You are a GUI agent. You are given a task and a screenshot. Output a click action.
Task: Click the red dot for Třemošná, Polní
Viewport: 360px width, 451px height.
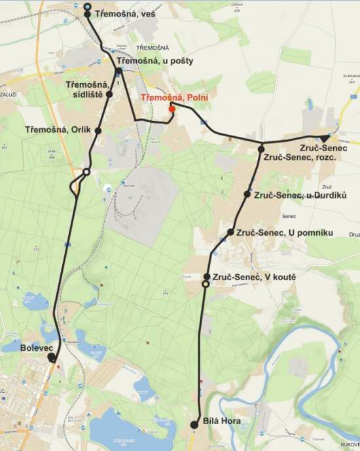point(171,109)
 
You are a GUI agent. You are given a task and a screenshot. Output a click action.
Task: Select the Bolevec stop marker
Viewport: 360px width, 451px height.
point(51,357)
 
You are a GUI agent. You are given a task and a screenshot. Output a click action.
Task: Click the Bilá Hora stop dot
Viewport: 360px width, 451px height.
point(194,425)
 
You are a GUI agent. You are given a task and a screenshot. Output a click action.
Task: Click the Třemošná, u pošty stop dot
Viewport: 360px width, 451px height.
point(118,71)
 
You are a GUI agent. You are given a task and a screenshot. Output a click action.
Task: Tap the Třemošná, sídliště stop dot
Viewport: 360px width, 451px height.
point(109,94)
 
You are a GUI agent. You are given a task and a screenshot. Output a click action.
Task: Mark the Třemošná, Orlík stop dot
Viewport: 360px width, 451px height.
point(98,131)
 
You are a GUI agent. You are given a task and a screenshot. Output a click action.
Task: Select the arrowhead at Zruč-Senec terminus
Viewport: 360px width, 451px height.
point(326,137)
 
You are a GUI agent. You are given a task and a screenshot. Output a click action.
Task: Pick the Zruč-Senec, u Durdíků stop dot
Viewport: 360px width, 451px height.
point(247,194)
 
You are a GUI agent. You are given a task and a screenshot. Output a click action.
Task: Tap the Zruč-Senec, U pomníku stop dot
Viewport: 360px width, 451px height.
point(230,232)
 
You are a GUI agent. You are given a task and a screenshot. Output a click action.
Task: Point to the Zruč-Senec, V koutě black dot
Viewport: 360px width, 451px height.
point(207,277)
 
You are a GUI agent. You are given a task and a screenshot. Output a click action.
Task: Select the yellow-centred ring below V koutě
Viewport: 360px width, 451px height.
point(206,284)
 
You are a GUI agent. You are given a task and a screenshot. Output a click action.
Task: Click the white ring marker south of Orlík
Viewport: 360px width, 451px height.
point(85,172)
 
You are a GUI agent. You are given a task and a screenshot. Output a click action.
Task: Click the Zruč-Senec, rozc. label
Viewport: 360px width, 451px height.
point(299,158)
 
